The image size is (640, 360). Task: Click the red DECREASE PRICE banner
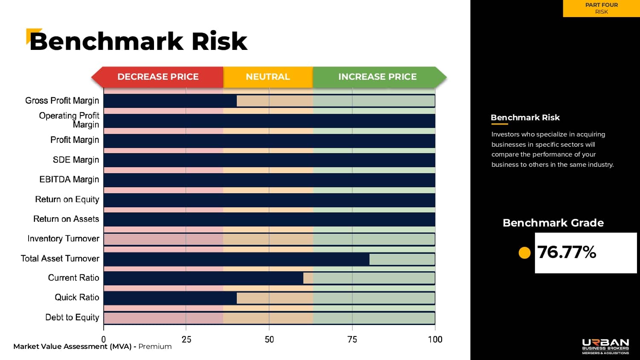158,77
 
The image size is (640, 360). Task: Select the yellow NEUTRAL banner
268,77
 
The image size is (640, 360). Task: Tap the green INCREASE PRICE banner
378,77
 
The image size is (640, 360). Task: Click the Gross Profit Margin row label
62,101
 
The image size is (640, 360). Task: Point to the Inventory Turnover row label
63,239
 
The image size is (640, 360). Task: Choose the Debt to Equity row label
72,317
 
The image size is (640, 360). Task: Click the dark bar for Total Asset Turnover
236,259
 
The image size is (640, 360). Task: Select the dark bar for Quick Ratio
170,298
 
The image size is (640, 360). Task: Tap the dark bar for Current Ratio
204,278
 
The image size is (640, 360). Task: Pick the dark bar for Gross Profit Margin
170,101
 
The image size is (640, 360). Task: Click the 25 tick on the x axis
186,340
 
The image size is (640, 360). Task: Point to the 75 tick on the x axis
352,340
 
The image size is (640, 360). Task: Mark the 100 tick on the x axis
435,340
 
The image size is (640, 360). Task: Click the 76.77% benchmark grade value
567,253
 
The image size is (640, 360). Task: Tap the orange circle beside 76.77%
524,253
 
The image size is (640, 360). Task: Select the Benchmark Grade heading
553,223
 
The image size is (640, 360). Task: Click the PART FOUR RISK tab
601,9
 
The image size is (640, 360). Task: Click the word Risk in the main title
219,42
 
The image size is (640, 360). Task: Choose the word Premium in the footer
155,346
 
